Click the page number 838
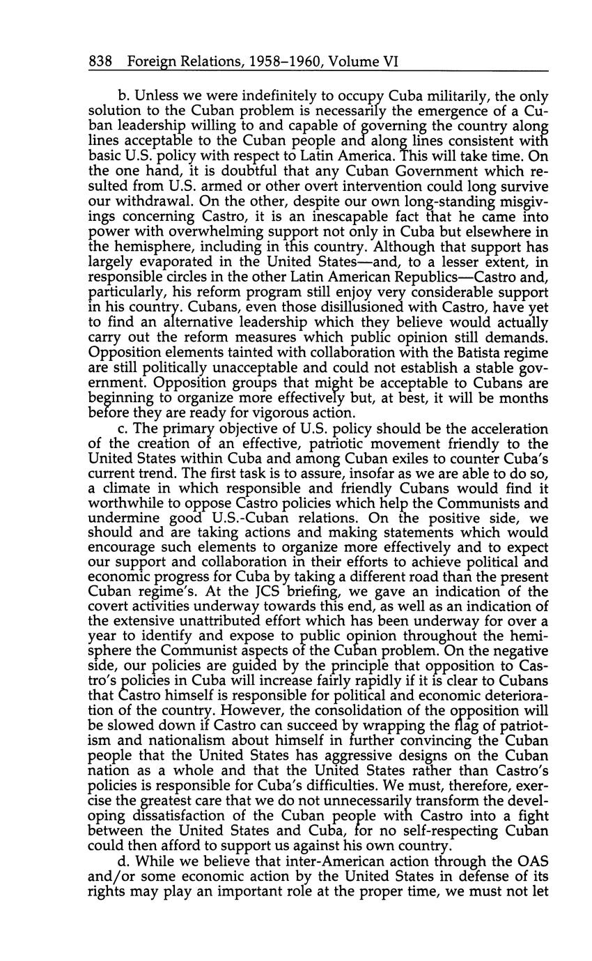coord(102,62)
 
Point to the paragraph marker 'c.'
coord(123,429)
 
